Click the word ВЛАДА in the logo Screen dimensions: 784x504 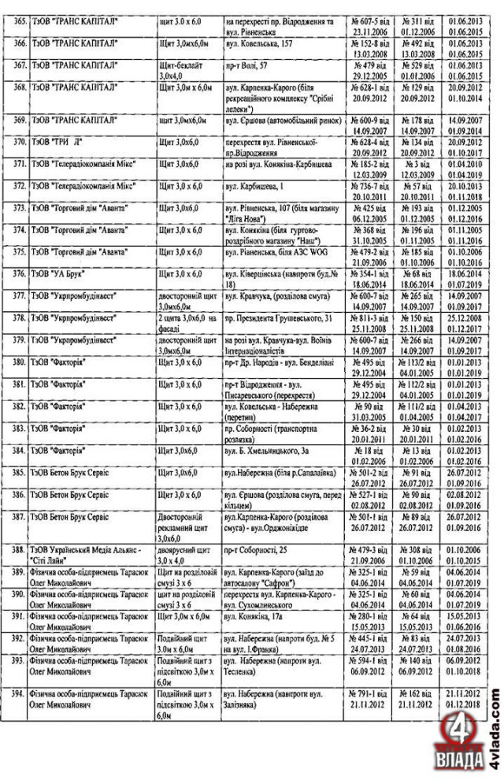pyautogui.click(x=460, y=764)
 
